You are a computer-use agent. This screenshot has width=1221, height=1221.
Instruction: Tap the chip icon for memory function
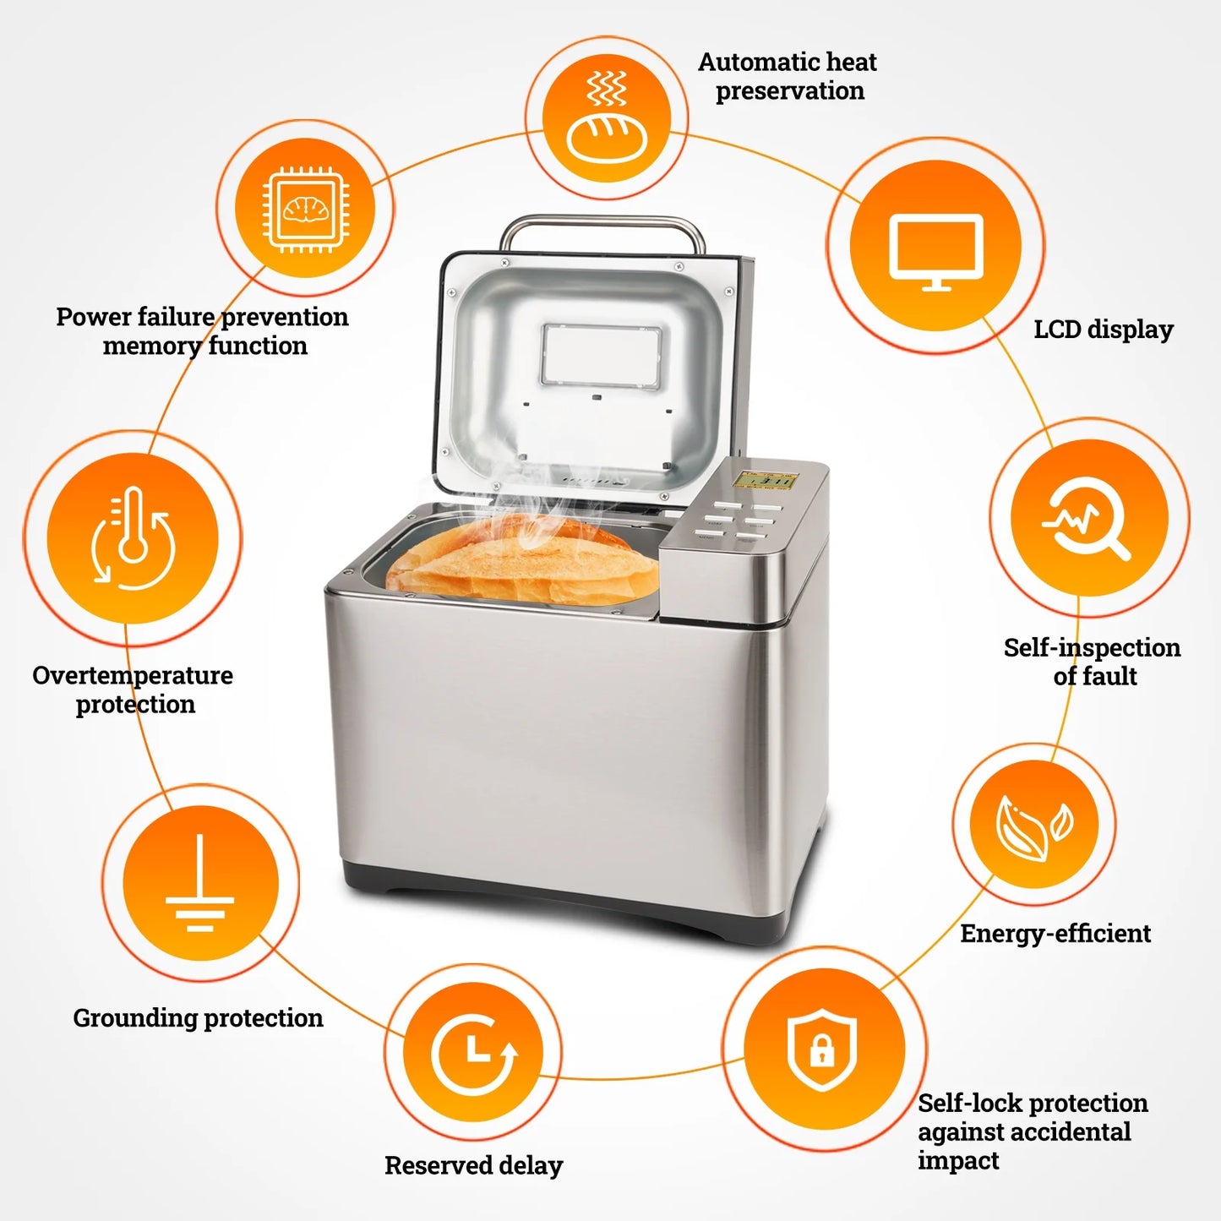tap(305, 208)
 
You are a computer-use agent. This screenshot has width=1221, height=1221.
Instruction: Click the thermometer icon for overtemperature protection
tap(133, 538)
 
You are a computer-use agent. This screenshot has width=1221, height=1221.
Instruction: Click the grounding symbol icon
tap(200, 881)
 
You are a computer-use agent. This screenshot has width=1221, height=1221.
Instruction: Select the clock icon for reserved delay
tap(474, 1053)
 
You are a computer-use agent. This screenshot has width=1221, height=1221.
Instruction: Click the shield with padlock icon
tap(822, 1049)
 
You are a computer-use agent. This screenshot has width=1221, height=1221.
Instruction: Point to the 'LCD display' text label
tap(1103, 330)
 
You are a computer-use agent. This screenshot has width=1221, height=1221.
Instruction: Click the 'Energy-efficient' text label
tap(1055, 934)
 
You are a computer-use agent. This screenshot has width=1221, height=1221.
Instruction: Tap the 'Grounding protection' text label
tap(198, 1018)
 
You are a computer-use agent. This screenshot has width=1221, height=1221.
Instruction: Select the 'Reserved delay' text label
tap(473, 1166)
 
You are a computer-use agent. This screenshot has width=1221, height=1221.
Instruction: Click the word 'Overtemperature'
tap(133, 676)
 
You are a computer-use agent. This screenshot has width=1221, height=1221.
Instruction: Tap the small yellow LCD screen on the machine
tap(765, 481)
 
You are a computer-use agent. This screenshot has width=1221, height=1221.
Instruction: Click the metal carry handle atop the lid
tap(602, 225)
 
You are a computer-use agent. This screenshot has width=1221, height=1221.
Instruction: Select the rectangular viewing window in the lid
tap(601, 356)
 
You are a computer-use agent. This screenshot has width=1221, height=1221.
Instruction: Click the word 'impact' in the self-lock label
tap(958, 1161)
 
